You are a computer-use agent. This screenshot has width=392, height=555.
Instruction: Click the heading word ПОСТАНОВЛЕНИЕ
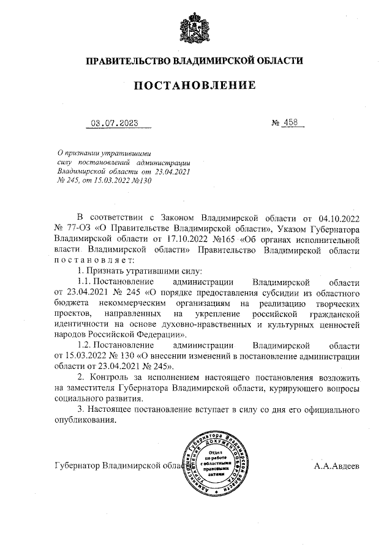click(x=195, y=85)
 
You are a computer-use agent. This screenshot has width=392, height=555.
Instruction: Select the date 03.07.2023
click(x=115, y=122)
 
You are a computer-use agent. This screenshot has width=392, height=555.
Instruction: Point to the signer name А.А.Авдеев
click(x=337, y=466)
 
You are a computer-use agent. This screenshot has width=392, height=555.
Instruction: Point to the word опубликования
click(x=85, y=420)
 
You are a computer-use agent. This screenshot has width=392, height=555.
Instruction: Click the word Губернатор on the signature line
click(x=77, y=466)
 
